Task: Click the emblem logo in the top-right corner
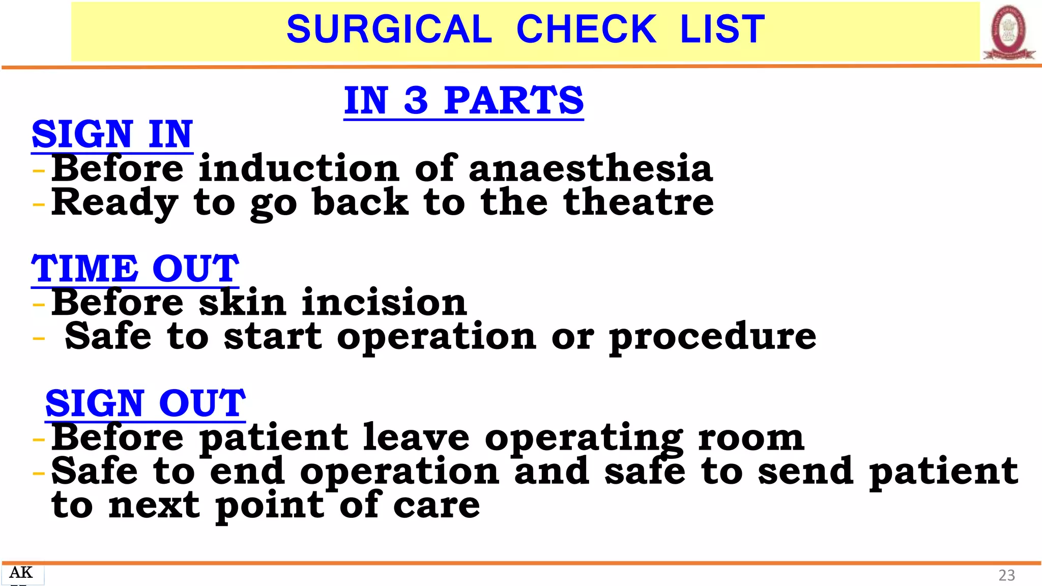pyautogui.click(x=1009, y=32)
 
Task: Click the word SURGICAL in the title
pyautogui.click(x=389, y=29)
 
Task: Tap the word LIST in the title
pyautogui.click(x=722, y=29)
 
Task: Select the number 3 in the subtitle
pyautogui.click(x=416, y=100)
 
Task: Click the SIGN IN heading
pyautogui.click(x=112, y=134)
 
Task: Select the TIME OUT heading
pyautogui.click(x=135, y=269)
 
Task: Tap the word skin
pyautogui.click(x=242, y=302)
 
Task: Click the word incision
pyautogui.click(x=384, y=302)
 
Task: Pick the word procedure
pyautogui.click(x=712, y=337)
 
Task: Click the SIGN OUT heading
pyautogui.click(x=146, y=403)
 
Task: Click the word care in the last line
pyautogui.click(x=436, y=506)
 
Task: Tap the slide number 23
pyautogui.click(x=1006, y=575)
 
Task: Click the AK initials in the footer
pyautogui.click(x=21, y=573)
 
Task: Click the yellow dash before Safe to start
pyautogui.click(x=39, y=338)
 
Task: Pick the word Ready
pyautogui.click(x=114, y=203)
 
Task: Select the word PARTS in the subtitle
pyautogui.click(x=513, y=100)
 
